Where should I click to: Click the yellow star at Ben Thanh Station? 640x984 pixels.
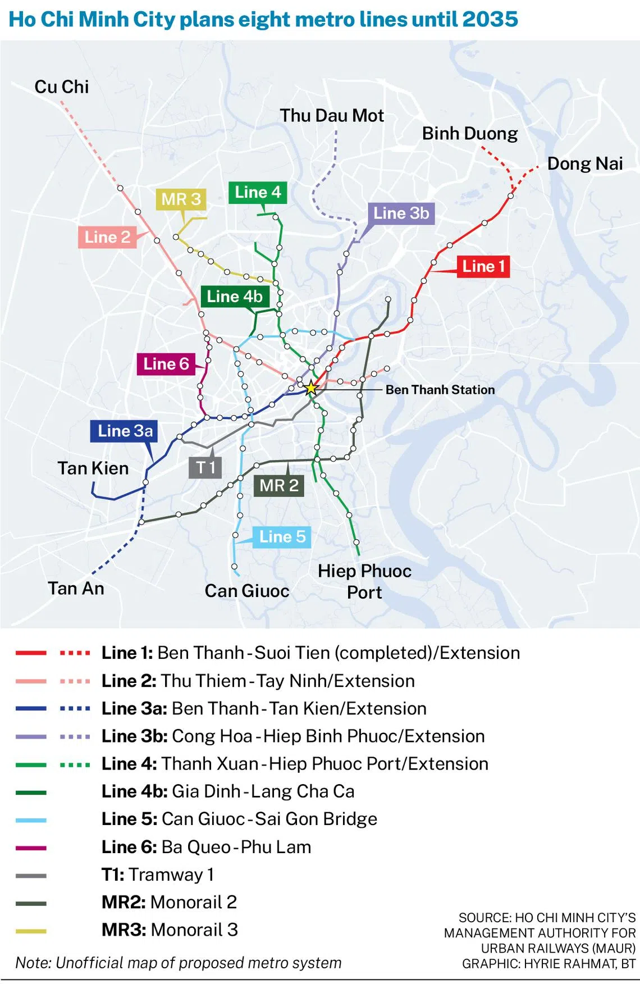point(311,388)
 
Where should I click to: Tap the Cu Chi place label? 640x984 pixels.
point(62,87)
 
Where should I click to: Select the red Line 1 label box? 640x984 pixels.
point(483,266)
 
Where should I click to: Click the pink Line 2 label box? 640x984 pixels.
point(107,237)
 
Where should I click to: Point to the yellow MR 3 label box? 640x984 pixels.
point(181,199)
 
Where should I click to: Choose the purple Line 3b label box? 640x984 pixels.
point(401,213)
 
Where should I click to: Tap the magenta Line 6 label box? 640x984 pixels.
point(166,364)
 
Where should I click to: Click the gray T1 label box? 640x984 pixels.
point(205,467)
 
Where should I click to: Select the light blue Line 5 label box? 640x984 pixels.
point(282,537)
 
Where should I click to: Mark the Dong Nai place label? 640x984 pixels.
point(584,163)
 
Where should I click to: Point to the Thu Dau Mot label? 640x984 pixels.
point(332,116)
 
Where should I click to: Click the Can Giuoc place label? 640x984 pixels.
point(247,591)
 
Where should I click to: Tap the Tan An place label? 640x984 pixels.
point(76,589)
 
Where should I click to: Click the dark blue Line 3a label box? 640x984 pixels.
point(125,431)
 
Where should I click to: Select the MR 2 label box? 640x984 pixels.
point(279,485)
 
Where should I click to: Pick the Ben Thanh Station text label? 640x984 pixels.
point(440,390)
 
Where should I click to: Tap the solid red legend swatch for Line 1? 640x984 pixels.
point(31,653)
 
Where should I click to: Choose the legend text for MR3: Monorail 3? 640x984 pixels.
point(170,930)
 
